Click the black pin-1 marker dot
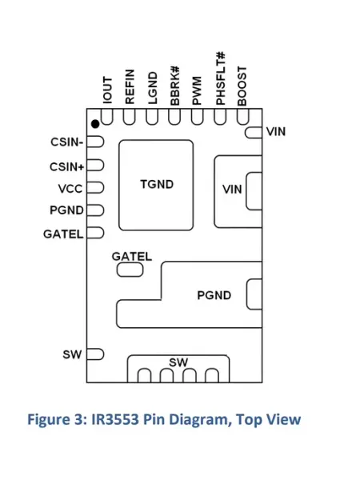pos(95,124)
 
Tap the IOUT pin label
pos(107,90)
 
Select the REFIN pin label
pos(130,86)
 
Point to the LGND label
pos(153,88)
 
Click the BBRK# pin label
pos(174,86)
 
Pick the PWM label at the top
pos(197,90)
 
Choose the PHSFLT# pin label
pos(221,78)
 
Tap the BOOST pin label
pos(242,86)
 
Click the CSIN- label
pos(66,142)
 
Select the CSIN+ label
pos(66,167)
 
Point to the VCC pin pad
pos(95,188)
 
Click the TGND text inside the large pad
pos(157,184)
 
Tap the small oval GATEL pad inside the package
pos(130,270)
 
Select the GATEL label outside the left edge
pos(63,234)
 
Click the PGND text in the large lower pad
pos(214,295)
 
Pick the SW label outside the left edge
pos(72,354)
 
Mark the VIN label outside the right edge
pos(276,132)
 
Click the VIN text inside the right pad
pos(232,189)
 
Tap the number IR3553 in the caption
pos(114,419)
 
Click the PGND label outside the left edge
pos(66,210)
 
